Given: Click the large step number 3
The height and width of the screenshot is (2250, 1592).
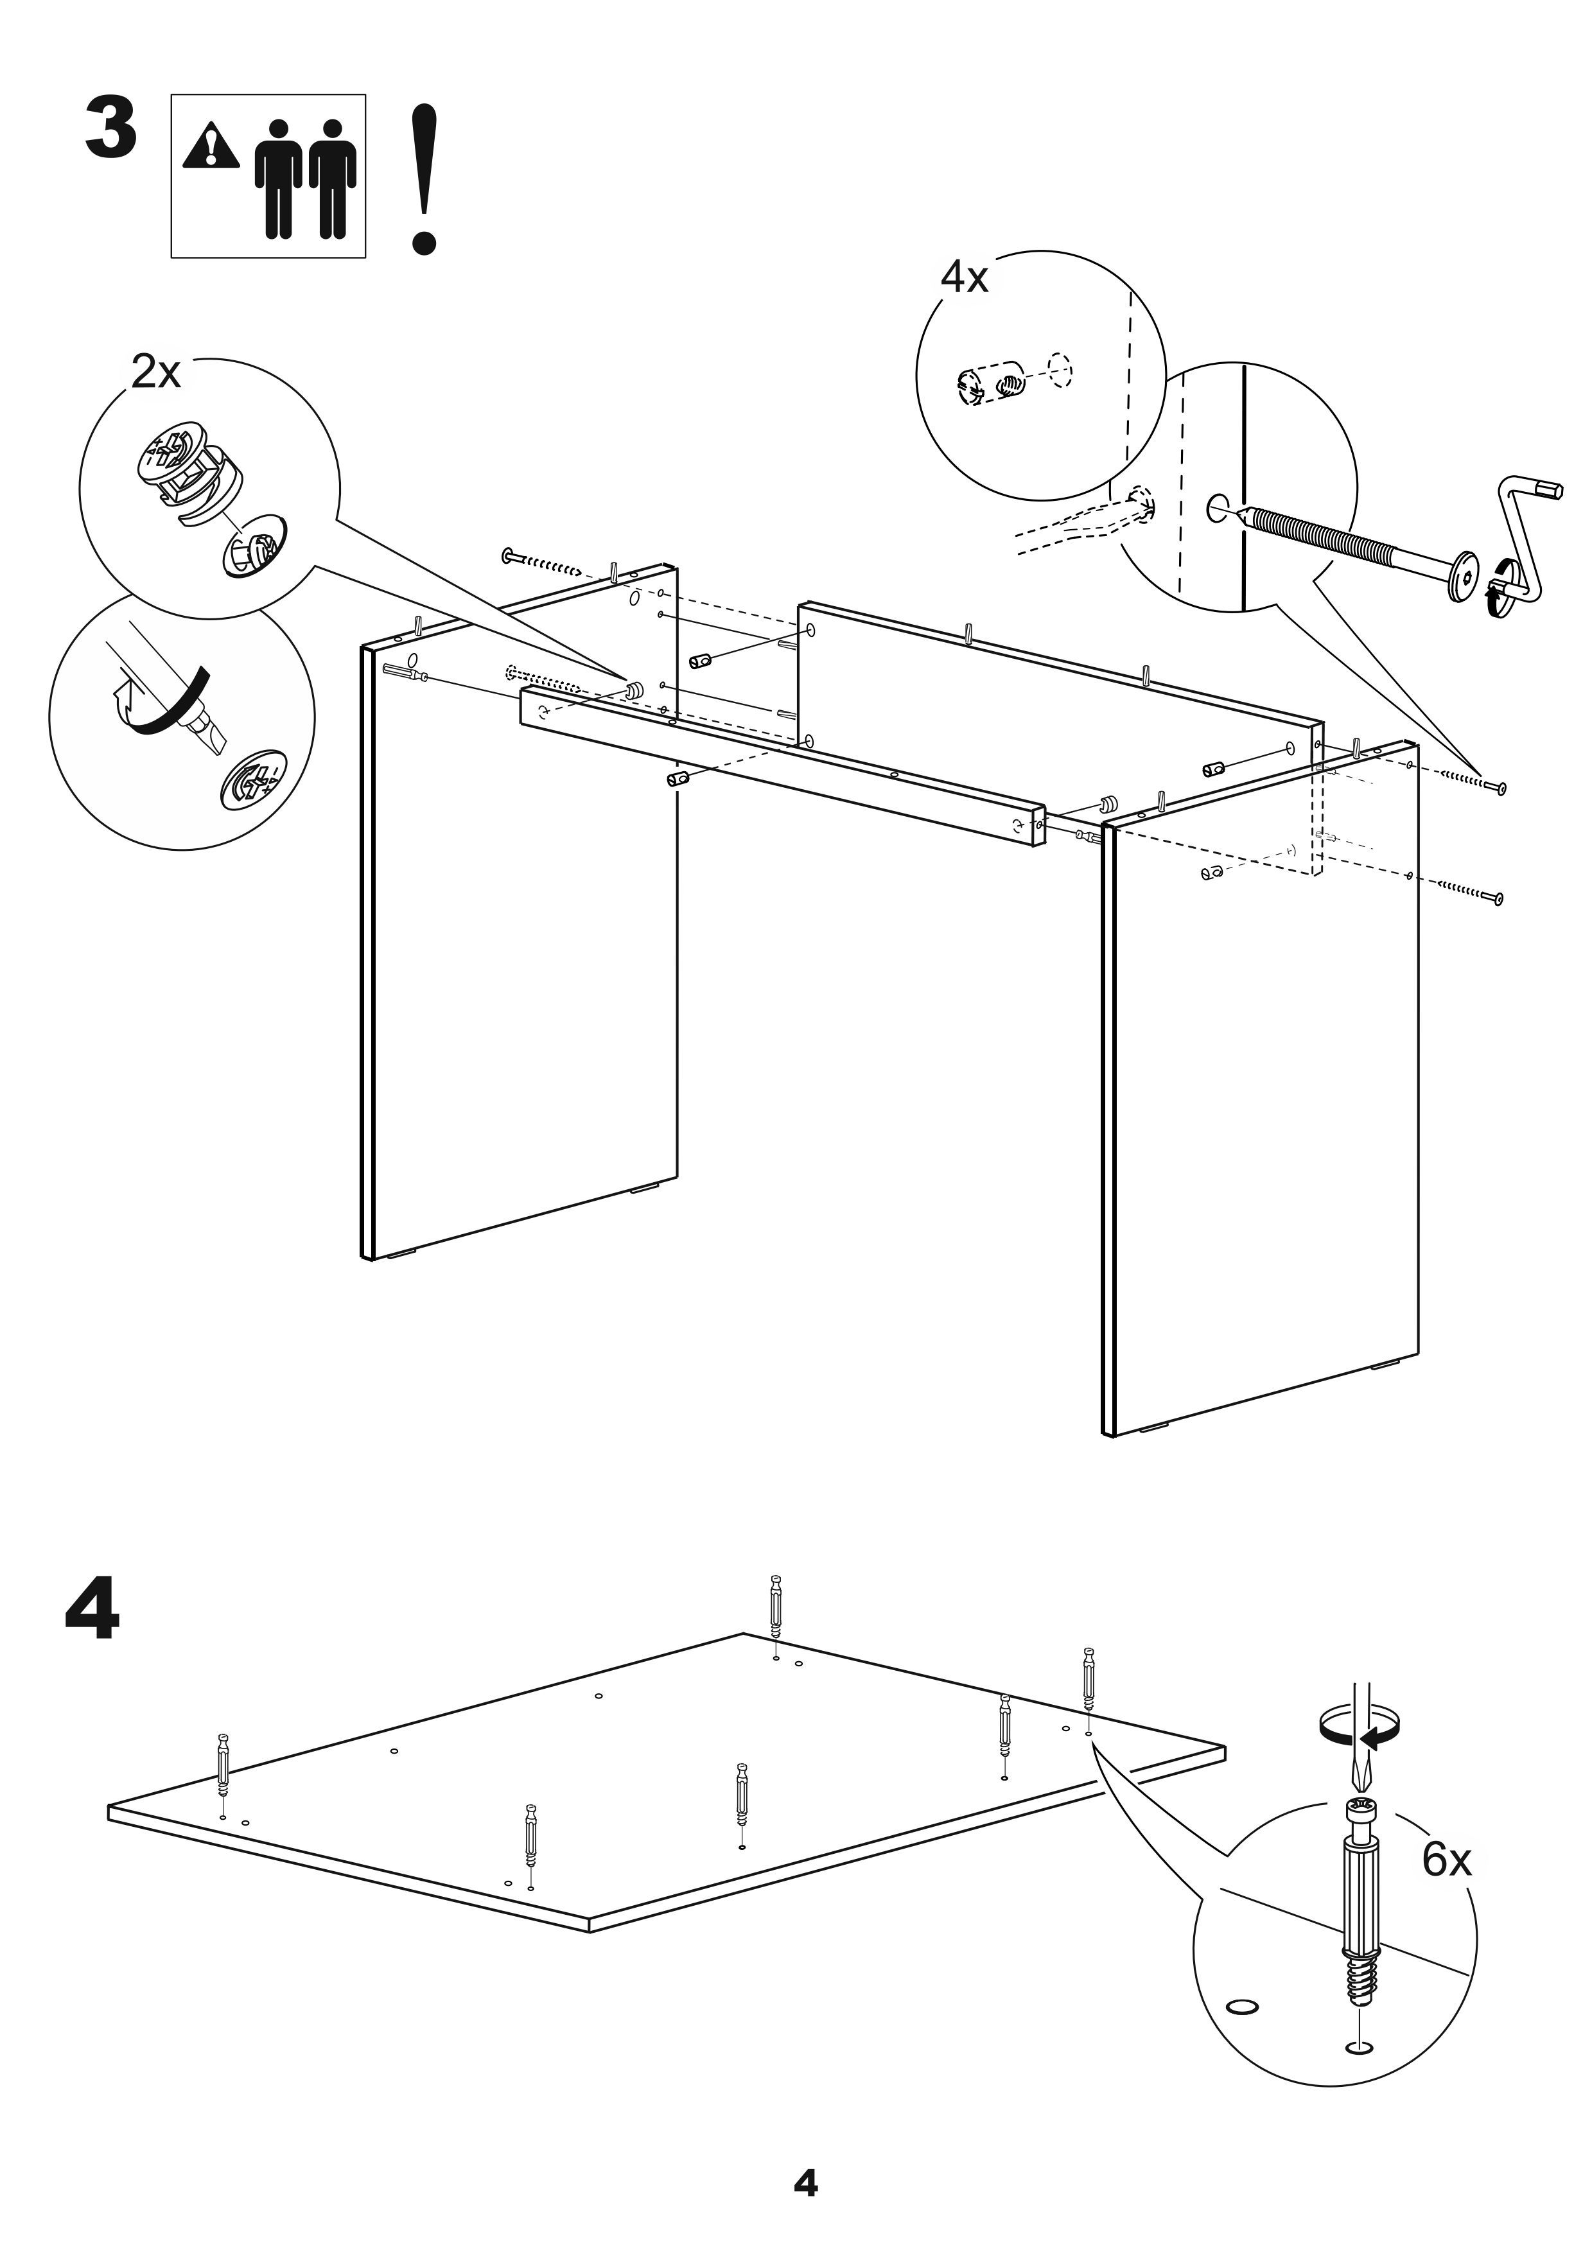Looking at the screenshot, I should [110, 128].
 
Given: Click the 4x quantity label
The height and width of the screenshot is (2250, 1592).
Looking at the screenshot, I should [964, 278].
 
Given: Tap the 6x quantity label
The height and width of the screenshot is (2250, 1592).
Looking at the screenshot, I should [1447, 1860].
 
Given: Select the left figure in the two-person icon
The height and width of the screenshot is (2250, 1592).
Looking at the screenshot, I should [279, 179].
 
